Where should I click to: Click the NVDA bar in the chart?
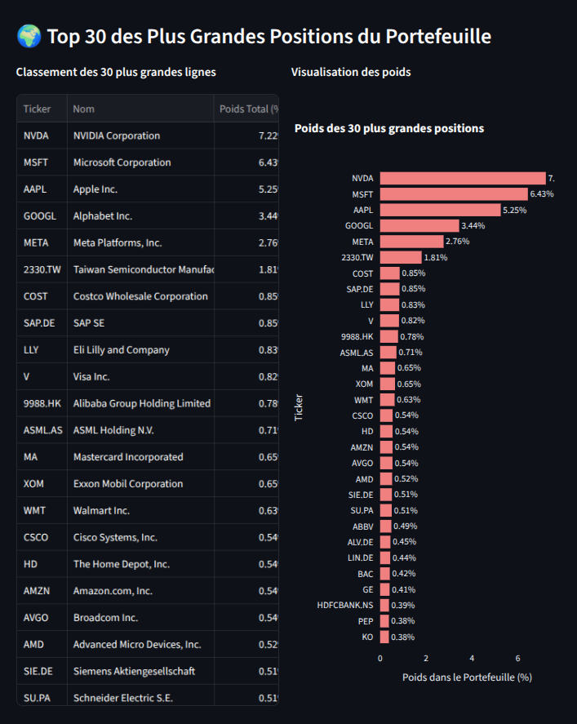463,178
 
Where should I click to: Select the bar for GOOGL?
419,225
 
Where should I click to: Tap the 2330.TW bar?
401,257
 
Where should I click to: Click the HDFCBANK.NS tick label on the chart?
345,605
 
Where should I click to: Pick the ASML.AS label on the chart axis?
357,353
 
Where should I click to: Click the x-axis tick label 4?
472,657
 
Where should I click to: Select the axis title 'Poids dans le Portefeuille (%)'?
467,677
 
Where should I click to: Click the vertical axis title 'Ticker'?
299,406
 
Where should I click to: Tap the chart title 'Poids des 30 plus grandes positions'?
389,128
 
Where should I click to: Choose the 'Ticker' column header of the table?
38,109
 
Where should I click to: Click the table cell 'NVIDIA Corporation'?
117,135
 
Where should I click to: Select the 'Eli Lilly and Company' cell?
122,350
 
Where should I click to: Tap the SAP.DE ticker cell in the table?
39,323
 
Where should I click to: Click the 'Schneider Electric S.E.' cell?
123,698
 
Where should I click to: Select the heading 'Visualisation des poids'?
351,72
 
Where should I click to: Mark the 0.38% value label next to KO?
402,637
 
